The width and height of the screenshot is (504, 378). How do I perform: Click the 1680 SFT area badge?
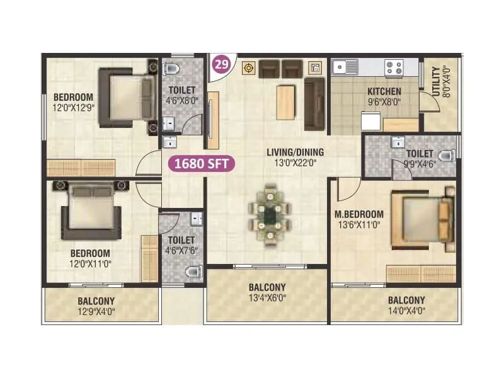coord(201,164)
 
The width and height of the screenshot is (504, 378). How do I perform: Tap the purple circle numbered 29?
coord(221,65)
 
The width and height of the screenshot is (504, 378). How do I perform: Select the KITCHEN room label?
coord(384,91)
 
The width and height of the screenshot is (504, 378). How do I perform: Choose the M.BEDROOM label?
coord(358,214)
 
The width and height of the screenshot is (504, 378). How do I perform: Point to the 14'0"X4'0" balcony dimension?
coord(406,310)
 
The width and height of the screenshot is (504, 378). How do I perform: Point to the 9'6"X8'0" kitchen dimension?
coord(384,101)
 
